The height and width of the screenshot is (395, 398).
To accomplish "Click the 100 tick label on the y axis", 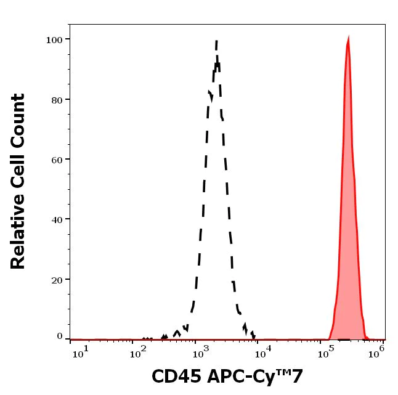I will [54, 40].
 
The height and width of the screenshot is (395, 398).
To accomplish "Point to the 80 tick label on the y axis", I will [57, 100].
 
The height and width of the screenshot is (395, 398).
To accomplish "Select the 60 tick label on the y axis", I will [57, 160].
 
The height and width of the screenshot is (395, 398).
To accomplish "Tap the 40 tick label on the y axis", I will [57, 219].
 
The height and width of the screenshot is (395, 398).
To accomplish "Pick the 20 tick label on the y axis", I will [57, 280].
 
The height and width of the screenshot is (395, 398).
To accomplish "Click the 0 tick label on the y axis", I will [60, 336].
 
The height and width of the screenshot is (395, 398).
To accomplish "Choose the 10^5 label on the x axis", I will [324, 351].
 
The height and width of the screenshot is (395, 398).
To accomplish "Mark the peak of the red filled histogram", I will [348, 39].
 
